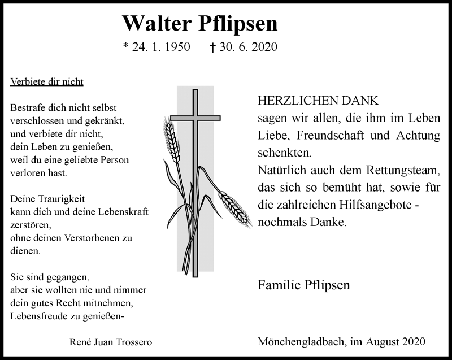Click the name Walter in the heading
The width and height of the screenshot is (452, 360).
point(157,23)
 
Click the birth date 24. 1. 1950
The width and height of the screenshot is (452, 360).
point(161,47)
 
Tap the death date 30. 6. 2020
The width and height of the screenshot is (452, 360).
point(248,47)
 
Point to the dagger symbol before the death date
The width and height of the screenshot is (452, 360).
point(212,47)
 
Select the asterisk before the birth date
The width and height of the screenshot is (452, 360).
point(125,45)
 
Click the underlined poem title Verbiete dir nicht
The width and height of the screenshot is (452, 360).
point(47,82)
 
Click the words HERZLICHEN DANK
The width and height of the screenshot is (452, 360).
point(318,101)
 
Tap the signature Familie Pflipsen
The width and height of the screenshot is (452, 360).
point(304,285)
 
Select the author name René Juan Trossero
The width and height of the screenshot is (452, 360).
point(111,342)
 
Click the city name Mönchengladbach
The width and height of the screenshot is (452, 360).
point(301,341)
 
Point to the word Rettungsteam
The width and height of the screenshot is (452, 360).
point(403,170)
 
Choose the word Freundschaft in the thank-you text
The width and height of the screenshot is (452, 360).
point(330,135)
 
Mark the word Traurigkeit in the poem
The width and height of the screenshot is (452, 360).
point(62,199)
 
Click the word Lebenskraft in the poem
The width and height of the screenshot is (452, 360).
point(123,212)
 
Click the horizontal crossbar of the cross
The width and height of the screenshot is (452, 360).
point(195,118)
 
